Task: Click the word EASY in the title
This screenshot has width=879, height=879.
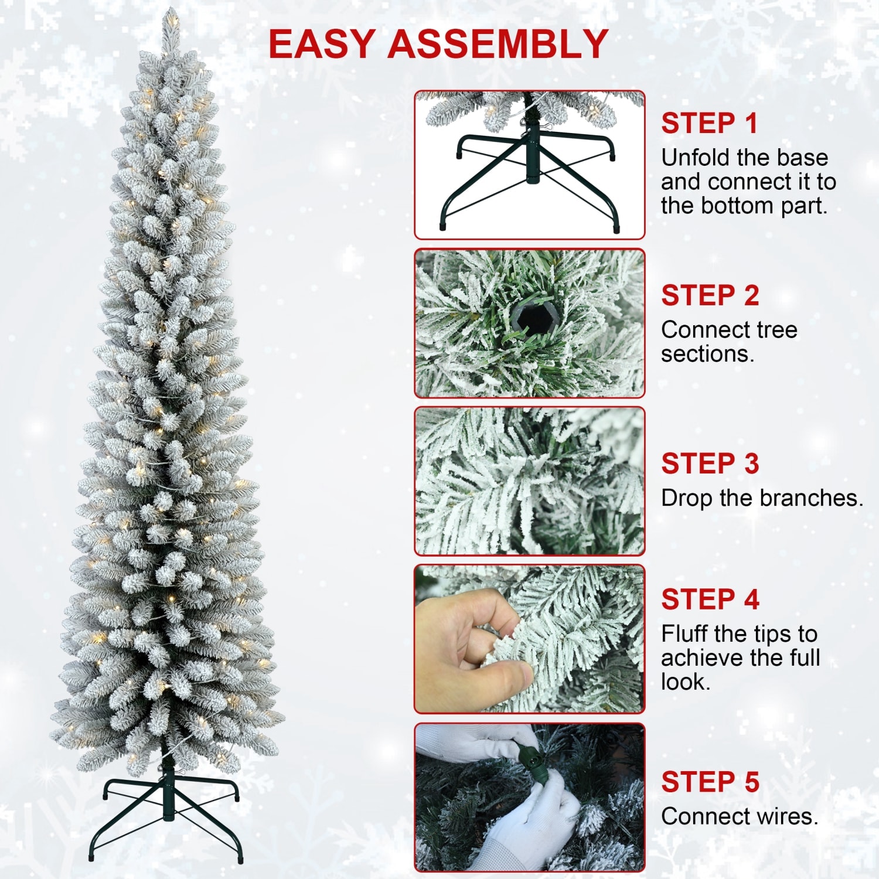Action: coord(322,44)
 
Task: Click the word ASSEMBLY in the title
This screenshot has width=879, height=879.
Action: coord(498,44)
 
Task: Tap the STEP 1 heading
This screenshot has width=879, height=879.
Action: coord(709,124)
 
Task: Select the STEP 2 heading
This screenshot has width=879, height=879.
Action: coord(710,295)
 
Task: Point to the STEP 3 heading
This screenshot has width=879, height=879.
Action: coord(710,464)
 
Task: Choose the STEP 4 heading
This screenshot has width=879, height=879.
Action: coord(710,599)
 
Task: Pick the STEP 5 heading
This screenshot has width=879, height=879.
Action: coord(710,782)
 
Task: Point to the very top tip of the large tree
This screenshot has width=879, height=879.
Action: coord(170,12)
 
